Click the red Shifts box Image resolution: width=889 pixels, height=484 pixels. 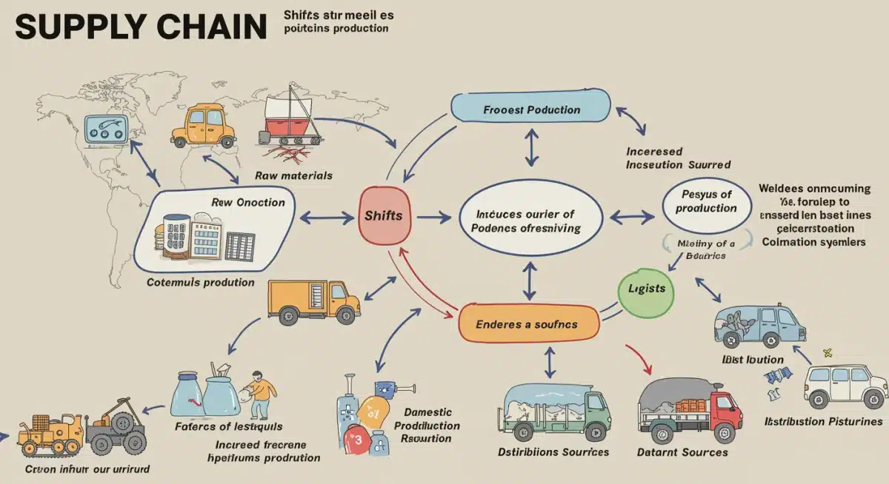click(x=384, y=216)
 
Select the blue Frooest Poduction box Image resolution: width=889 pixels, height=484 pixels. click(x=531, y=110)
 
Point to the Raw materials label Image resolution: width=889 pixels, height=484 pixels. click(x=293, y=175)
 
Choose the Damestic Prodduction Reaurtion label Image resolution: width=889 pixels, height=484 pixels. click(x=427, y=425)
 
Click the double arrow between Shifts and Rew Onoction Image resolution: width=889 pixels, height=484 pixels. click(x=327, y=218)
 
